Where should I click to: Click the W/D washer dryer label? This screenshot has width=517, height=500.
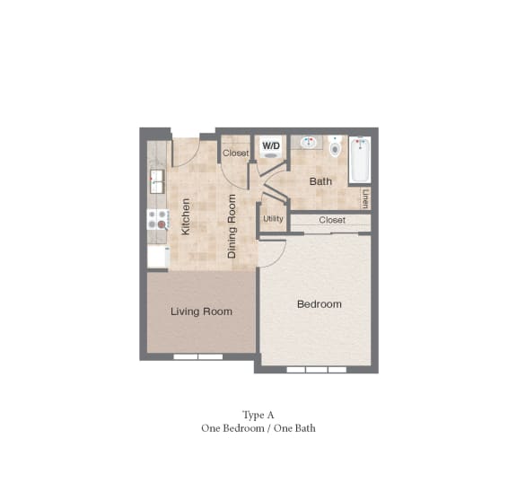[x=271, y=145]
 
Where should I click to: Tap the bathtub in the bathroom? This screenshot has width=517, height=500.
[x=360, y=159]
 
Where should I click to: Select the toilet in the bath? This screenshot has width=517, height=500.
[x=335, y=146]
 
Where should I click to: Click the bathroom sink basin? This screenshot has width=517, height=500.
[x=308, y=143]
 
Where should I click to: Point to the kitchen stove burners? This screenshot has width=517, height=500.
[x=157, y=219]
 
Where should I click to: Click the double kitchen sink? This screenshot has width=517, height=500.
[x=157, y=181]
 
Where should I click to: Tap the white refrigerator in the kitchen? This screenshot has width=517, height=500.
[x=158, y=257]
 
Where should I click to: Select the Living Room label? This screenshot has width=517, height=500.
[x=201, y=311]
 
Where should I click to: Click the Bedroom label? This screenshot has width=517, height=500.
[x=320, y=303]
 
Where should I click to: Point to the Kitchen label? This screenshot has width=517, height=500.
[x=186, y=216]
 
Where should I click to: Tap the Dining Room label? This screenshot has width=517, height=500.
[x=232, y=226]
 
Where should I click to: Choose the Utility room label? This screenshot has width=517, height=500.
[x=273, y=219]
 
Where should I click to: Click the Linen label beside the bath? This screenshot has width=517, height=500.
[x=365, y=198]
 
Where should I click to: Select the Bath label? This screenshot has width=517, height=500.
[x=320, y=181]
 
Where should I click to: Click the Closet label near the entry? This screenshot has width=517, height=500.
[x=236, y=153]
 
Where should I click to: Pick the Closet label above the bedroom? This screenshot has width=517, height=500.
[x=332, y=220]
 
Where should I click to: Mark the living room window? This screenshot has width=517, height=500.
[x=198, y=356]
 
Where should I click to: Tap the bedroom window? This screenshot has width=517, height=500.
[x=317, y=370]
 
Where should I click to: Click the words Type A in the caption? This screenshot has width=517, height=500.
[x=258, y=415]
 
